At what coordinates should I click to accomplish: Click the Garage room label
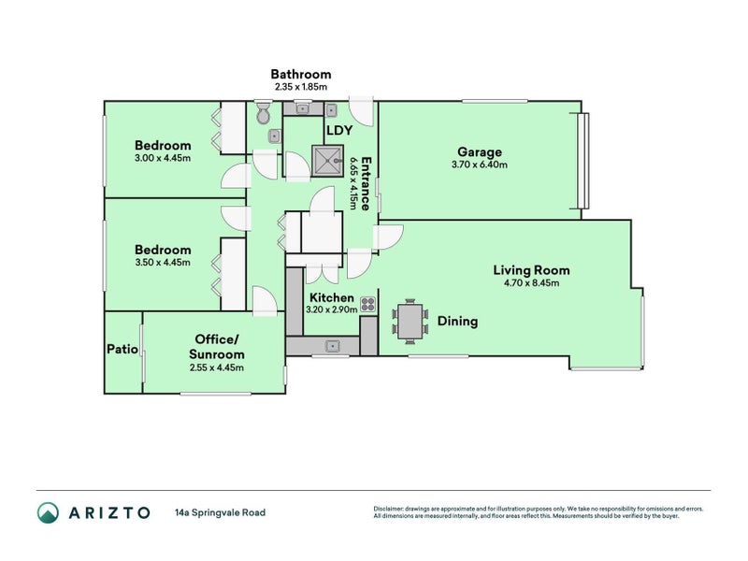(480, 152)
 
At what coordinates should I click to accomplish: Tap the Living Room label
(531, 270)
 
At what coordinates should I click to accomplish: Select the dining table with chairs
(410, 321)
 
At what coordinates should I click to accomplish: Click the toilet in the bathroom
(263, 113)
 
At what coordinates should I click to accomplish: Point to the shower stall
(328, 161)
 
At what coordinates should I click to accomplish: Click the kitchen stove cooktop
(367, 304)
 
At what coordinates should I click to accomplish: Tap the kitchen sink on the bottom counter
(332, 346)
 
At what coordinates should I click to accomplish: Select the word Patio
(122, 349)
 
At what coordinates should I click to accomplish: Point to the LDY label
(339, 130)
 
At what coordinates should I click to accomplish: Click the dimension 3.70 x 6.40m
(480, 165)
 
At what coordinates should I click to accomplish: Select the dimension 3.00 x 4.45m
(163, 158)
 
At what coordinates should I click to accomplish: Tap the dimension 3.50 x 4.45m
(163, 263)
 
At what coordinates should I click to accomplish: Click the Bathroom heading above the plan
(301, 74)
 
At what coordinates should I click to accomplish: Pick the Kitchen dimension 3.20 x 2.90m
(332, 309)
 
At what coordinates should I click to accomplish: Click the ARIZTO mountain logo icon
(49, 512)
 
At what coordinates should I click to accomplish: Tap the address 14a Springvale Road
(221, 512)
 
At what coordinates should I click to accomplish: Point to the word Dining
(457, 322)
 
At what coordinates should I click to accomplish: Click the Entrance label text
(366, 183)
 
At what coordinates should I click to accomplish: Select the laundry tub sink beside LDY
(332, 110)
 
